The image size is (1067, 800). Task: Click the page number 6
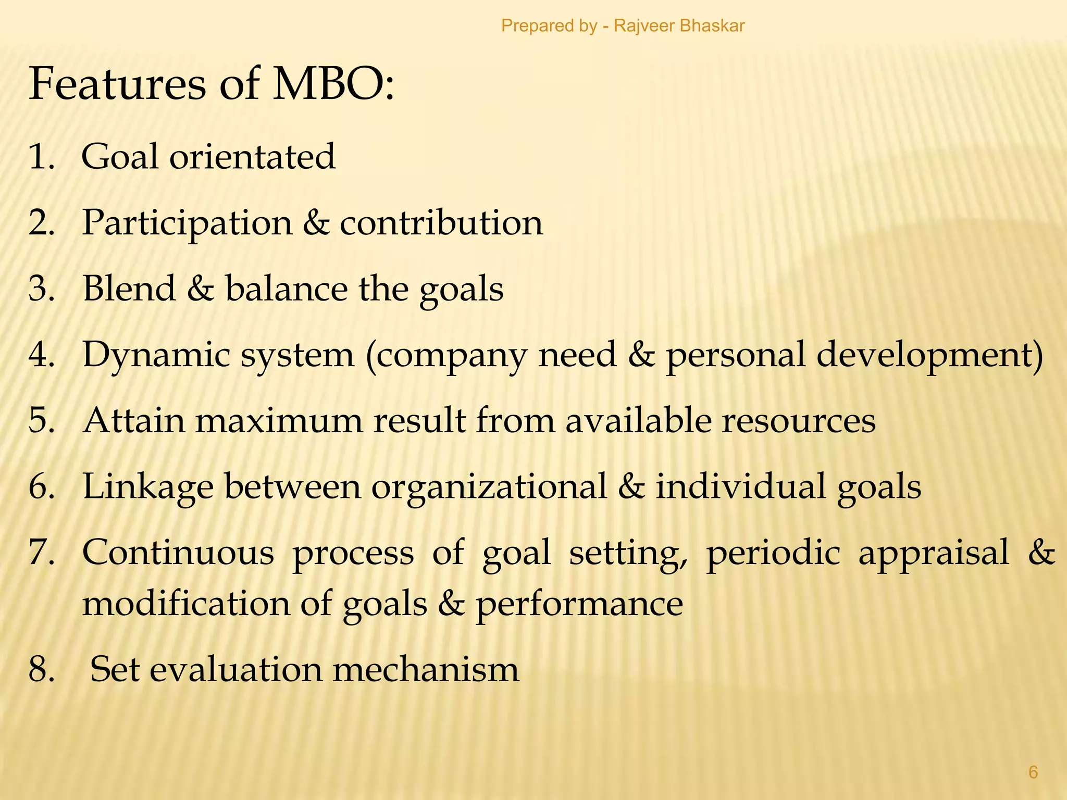(x=1033, y=772)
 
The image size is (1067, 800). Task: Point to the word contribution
(x=441, y=223)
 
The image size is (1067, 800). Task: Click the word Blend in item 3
(x=129, y=289)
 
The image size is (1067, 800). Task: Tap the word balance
(x=286, y=289)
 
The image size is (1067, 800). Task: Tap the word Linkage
(x=148, y=488)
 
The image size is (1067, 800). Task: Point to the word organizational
(x=489, y=488)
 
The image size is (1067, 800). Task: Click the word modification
(x=186, y=604)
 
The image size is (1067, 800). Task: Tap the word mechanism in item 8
(x=426, y=670)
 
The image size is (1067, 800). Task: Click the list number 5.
(x=41, y=421)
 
